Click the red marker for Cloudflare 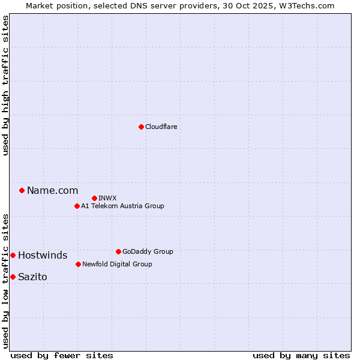tap(141, 127)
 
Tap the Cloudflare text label tap(161, 127)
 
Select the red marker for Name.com tap(22, 190)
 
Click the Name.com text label tap(53, 191)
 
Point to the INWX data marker tap(94, 198)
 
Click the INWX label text tap(108, 198)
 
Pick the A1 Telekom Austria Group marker tap(77, 206)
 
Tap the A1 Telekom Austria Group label tap(122, 206)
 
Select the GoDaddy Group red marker tap(118, 251)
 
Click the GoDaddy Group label tap(148, 251)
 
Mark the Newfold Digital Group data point tap(78, 264)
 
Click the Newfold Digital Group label tap(117, 264)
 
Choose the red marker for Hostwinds tap(13, 255)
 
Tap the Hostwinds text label tap(43, 256)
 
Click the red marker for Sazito tap(13, 277)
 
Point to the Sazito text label tap(32, 277)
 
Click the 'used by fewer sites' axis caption tap(62, 355)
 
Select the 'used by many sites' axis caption tap(301, 355)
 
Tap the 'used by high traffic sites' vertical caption tap(6, 85)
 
